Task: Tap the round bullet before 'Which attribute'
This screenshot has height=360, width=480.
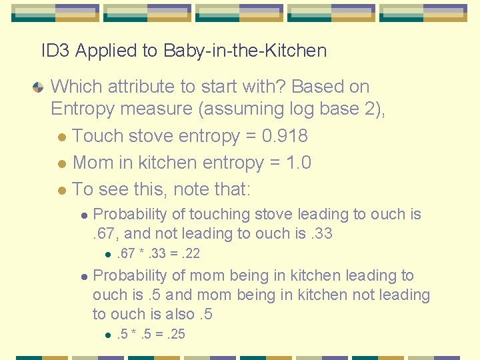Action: (38, 87)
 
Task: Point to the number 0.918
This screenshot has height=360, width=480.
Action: (285, 136)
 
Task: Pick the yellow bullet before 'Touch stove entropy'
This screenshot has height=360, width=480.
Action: (61, 137)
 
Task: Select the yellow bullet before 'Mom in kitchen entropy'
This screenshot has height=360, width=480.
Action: (61, 164)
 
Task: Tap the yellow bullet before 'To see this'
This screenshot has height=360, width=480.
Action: (61, 191)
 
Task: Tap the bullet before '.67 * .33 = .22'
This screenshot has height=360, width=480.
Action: (107, 254)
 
